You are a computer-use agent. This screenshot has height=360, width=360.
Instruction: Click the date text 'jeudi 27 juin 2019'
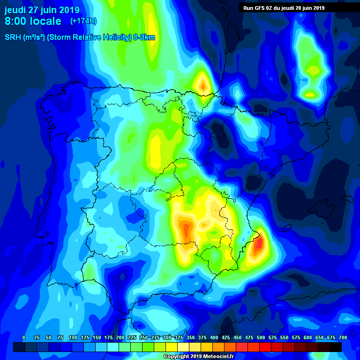[42, 10]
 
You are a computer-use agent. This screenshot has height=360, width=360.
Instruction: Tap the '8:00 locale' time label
[33, 21]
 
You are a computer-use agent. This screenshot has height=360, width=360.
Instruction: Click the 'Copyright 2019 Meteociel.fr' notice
[198, 357]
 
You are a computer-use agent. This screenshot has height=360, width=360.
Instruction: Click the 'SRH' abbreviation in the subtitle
[13, 37]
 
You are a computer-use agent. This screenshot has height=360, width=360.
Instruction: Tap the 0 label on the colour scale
[23, 338]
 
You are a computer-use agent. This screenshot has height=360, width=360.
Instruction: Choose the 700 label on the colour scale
[343, 338]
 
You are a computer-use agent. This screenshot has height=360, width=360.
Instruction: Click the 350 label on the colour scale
[190, 338]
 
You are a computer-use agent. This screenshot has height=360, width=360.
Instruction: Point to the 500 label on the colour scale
[261, 338]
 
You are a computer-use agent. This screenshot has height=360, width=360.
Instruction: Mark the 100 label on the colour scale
[73, 338]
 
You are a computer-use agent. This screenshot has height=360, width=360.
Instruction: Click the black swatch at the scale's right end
[336, 347]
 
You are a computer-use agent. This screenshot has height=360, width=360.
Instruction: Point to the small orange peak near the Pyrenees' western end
[203, 85]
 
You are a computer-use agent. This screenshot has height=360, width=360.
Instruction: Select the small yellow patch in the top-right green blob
[310, 94]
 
